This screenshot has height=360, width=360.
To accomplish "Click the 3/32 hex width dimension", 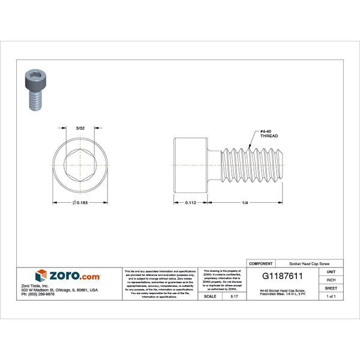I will point(79,127).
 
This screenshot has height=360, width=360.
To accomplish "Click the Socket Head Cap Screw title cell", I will point(309,263).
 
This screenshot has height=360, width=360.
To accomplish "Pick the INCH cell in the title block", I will point(331,280).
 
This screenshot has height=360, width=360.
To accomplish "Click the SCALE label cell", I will point(210,296).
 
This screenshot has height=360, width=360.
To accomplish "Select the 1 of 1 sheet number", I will point(331,296).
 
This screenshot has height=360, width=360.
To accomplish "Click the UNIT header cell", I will point(331,271).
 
